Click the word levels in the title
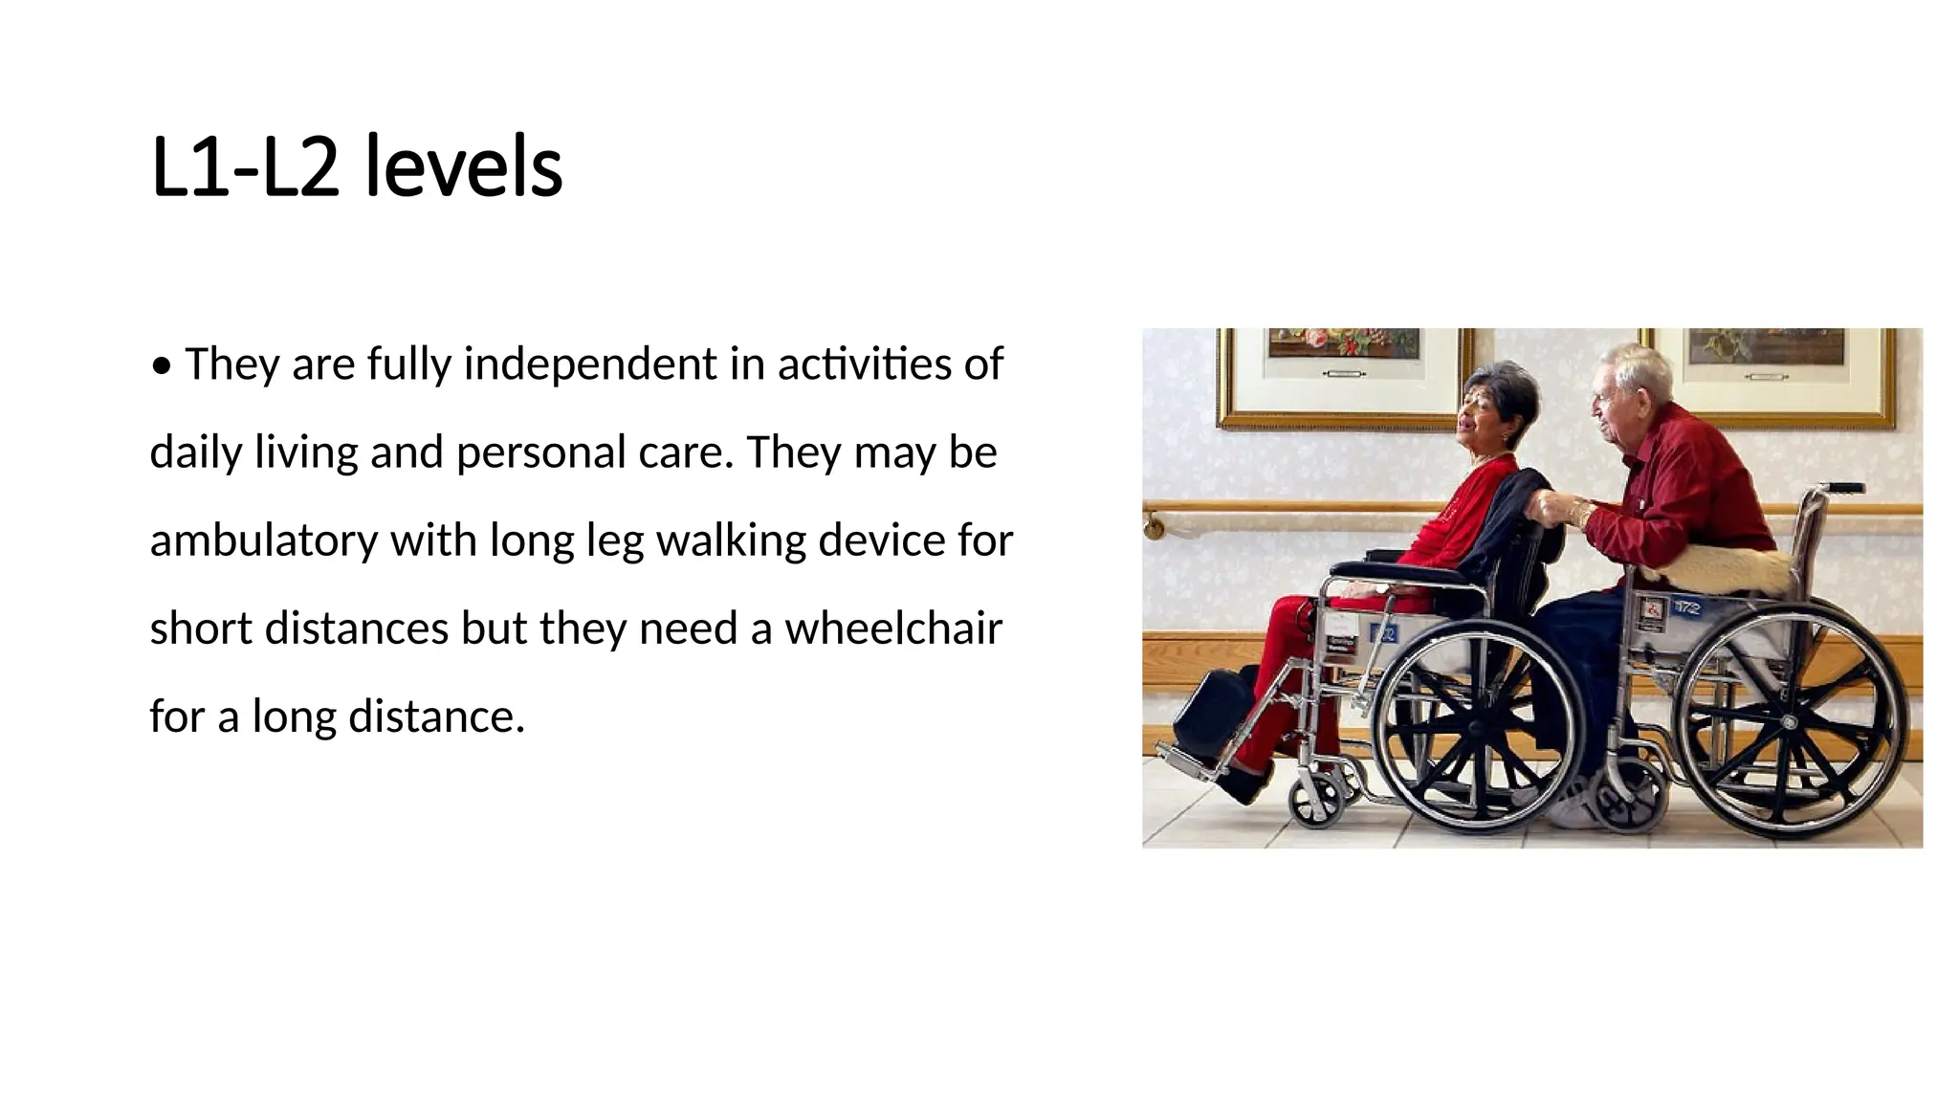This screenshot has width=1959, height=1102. [x=464, y=168]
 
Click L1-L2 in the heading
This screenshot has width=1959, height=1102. [x=245, y=168]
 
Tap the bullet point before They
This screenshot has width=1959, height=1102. [x=162, y=365]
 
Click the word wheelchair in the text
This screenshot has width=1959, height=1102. [x=893, y=628]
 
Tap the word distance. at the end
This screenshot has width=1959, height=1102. [x=436, y=716]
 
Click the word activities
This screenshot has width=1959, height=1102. [x=876, y=364]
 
